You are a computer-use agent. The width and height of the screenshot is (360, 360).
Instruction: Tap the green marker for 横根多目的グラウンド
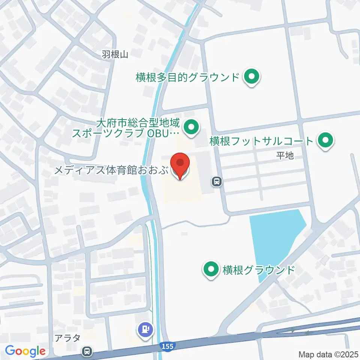[252, 77]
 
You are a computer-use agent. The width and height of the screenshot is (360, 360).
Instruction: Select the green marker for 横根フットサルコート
[325, 141]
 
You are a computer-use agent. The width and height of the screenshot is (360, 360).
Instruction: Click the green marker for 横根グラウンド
[211, 270]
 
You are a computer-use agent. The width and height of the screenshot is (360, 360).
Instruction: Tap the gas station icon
[145, 330]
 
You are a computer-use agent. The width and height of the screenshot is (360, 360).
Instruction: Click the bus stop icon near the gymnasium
[216, 182]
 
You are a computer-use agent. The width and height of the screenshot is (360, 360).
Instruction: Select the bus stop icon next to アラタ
[87, 351]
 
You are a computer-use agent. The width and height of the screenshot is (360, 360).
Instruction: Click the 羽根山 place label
[115, 55]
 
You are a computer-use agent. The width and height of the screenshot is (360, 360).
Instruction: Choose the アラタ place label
[66, 338]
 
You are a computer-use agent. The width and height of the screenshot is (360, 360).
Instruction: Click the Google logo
[25, 351]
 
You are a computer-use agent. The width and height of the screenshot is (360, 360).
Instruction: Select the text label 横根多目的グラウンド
[187, 78]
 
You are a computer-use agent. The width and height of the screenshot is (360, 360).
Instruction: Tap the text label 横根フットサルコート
[261, 141]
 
